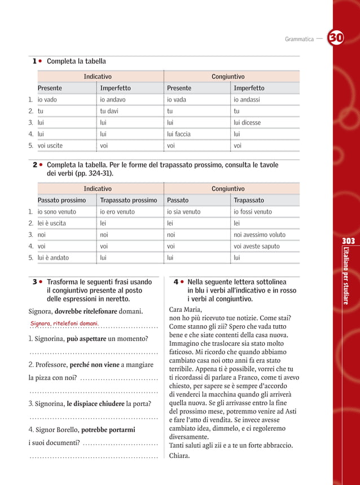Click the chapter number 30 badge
(x=336, y=38)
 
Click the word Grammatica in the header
(x=299, y=39)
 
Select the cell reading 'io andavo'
(x=113, y=100)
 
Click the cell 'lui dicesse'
(x=247, y=123)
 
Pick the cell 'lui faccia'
(x=178, y=134)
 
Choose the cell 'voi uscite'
(x=50, y=145)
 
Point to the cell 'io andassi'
(x=248, y=100)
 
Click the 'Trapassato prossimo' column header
(x=128, y=200)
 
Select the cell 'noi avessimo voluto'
(x=260, y=235)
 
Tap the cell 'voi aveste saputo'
(x=257, y=246)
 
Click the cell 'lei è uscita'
(x=52, y=223)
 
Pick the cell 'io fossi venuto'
(x=253, y=212)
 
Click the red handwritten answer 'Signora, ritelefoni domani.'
(x=64, y=324)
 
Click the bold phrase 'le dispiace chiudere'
(x=95, y=404)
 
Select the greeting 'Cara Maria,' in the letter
(x=185, y=310)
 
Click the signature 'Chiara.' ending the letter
(x=179, y=456)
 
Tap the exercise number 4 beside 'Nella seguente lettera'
(x=176, y=281)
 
